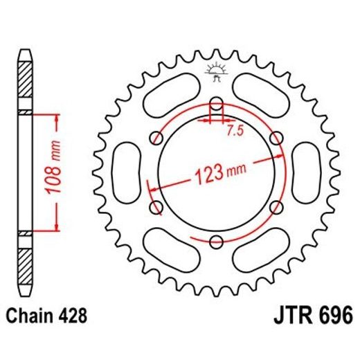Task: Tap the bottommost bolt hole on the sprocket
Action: tap(216, 240)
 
